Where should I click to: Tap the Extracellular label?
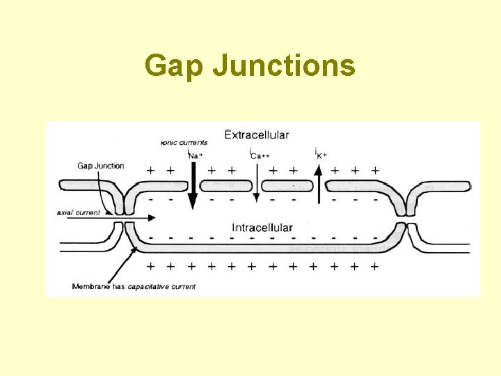tap(257, 134)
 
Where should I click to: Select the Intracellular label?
tap(262, 228)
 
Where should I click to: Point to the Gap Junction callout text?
tap(100, 166)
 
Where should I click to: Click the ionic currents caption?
tap(184, 143)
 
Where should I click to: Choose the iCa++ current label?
tap(256, 155)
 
